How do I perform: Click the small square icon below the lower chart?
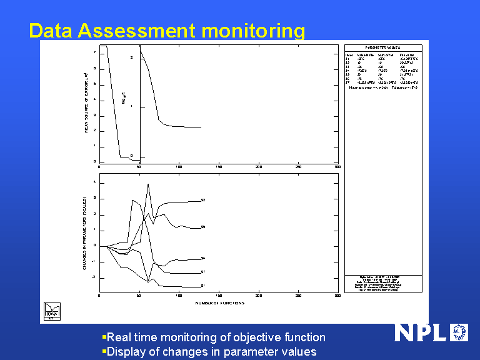[x=51, y=311]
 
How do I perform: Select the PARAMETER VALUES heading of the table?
[x=383, y=47]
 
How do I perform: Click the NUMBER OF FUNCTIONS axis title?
[x=219, y=303]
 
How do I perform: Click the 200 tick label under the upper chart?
[x=259, y=167]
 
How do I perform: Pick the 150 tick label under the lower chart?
[x=219, y=296]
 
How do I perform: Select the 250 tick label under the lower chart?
[x=298, y=296]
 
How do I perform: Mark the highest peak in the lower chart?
[x=148, y=184]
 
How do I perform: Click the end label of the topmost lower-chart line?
[x=203, y=200]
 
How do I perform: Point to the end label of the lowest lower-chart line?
[x=203, y=286]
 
